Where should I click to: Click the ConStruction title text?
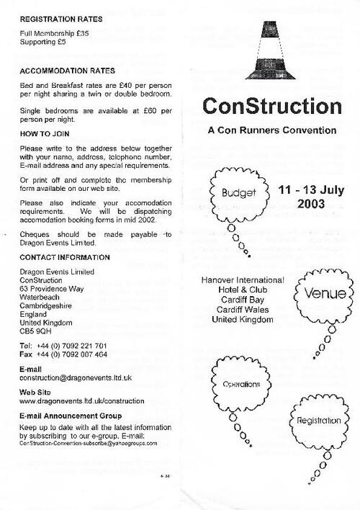point(271,106)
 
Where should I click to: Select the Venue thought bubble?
point(325,294)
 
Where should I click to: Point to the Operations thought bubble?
point(240,384)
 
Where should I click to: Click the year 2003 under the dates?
point(310,204)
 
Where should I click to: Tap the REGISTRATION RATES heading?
point(60,19)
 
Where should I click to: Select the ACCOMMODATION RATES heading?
point(68,71)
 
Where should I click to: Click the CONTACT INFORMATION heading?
point(65,257)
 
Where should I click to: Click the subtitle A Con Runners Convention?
point(271,130)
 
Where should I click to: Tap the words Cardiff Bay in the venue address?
point(243,300)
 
